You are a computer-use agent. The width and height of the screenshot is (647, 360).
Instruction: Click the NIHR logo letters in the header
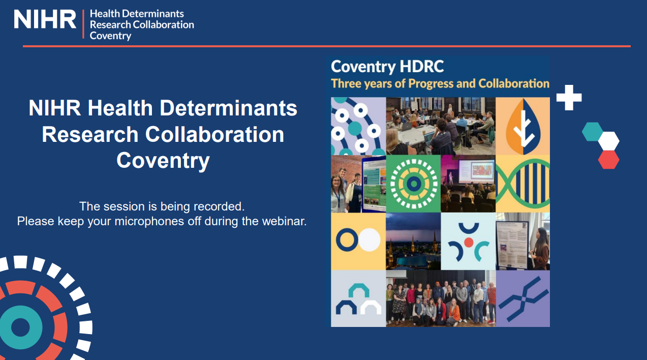(x=45, y=20)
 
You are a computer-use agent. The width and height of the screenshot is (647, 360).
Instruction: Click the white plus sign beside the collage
(x=569, y=98)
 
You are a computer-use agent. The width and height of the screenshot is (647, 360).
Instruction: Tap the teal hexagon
(x=593, y=131)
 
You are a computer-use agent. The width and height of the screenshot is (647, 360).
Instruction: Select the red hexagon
(x=608, y=159)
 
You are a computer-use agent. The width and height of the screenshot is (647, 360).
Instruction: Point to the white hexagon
(x=608, y=141)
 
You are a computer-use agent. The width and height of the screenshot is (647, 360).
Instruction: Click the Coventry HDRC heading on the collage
(x=387, y=67)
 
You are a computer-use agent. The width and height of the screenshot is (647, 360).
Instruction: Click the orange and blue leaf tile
(x=522, y=126)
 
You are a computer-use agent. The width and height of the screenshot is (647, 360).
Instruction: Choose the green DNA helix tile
(x=522, y=184)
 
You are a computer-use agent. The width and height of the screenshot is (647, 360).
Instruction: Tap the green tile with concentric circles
(x=413, y=184)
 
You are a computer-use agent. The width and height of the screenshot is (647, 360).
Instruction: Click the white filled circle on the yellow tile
(x=369, y=239)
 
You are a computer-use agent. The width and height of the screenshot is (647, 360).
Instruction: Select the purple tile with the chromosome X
(x=523, y=298)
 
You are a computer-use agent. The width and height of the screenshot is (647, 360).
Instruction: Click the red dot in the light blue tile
(x=468, y=242)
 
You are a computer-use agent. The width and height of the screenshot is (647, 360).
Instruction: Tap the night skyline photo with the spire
(x=413, y=241)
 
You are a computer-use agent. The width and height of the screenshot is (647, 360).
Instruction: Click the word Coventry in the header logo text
(x=110, y=36)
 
